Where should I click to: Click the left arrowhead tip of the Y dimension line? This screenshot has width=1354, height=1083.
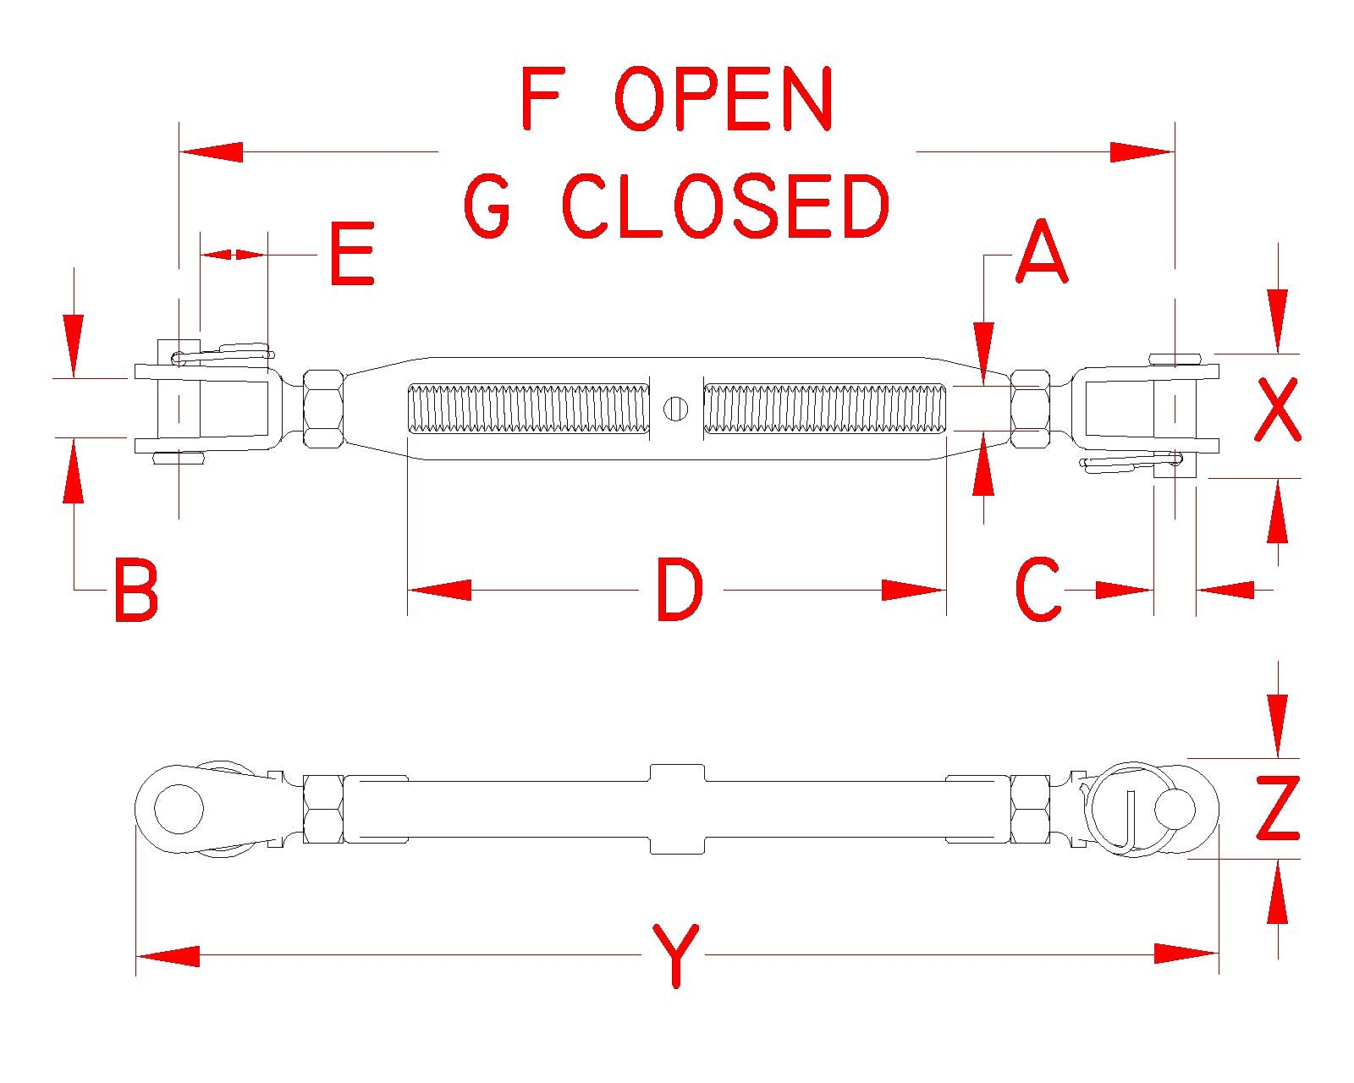pyautogui.click(x=137, y=956)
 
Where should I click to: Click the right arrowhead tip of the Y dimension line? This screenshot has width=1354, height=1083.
pyautogui.click(x=1218, y=954)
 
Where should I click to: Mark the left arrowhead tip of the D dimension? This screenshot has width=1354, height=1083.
pyautogui.click(x=409, y=590)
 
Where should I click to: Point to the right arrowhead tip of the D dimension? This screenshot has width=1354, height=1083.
pyautogui.click(x=945, y=590)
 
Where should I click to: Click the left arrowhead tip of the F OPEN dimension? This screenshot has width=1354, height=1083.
pyautogui.click(x=180, y=151)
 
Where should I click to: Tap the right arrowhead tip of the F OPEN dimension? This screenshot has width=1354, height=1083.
pyautogui.click(x=1174, y=151)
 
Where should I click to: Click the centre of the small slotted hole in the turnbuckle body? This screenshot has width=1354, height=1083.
pyautogui.click(x=676, y=409)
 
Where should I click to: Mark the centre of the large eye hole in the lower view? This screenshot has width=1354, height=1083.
pyautogui.click(x=179, y=809)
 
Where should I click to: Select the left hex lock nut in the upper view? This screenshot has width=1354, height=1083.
pyautogui.click(x=323, y=409)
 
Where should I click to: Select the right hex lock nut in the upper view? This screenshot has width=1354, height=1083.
pyautogui.click(x=1030, y=409)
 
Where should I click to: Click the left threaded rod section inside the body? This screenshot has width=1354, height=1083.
pyautogui.click(x=529, y=409)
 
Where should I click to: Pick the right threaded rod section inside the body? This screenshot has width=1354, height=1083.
pyautogui.click(x=824, y=409)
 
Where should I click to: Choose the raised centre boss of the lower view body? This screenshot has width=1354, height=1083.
pyautogui.click(x=676, y=809)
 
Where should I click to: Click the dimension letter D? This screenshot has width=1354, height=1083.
pyautogui.click(x=680, y=591)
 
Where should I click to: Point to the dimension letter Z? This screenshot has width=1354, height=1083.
pyautogui.click(x=1277, y=808)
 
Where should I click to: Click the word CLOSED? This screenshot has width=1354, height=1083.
pyautogui.click(x=725, y=206)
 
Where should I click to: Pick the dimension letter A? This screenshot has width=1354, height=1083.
pyautogui.click(x=1042, y=252)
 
